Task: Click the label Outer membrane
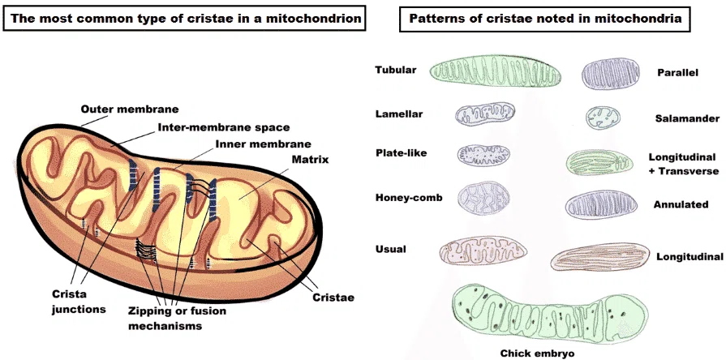(130, 109)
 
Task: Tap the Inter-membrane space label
(224, 126)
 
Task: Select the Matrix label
(310, 160)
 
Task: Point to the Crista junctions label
(79, 302)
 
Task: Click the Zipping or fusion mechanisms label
(178, 318)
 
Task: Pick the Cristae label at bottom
(333, 298)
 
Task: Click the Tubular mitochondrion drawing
(496, 71)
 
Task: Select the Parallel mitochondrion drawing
(611, 74)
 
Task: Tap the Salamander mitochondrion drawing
(603, 118)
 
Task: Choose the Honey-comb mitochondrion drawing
(483, 198)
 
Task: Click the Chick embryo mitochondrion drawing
(550, 315)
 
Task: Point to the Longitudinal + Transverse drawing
(599, 162)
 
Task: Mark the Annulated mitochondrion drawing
(599, 204)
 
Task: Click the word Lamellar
(399, 114)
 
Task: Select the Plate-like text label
(401, 152)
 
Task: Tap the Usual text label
(391, 249)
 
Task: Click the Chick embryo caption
(538, 354)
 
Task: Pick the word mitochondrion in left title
(312, 19)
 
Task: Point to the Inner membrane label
(264, 144)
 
